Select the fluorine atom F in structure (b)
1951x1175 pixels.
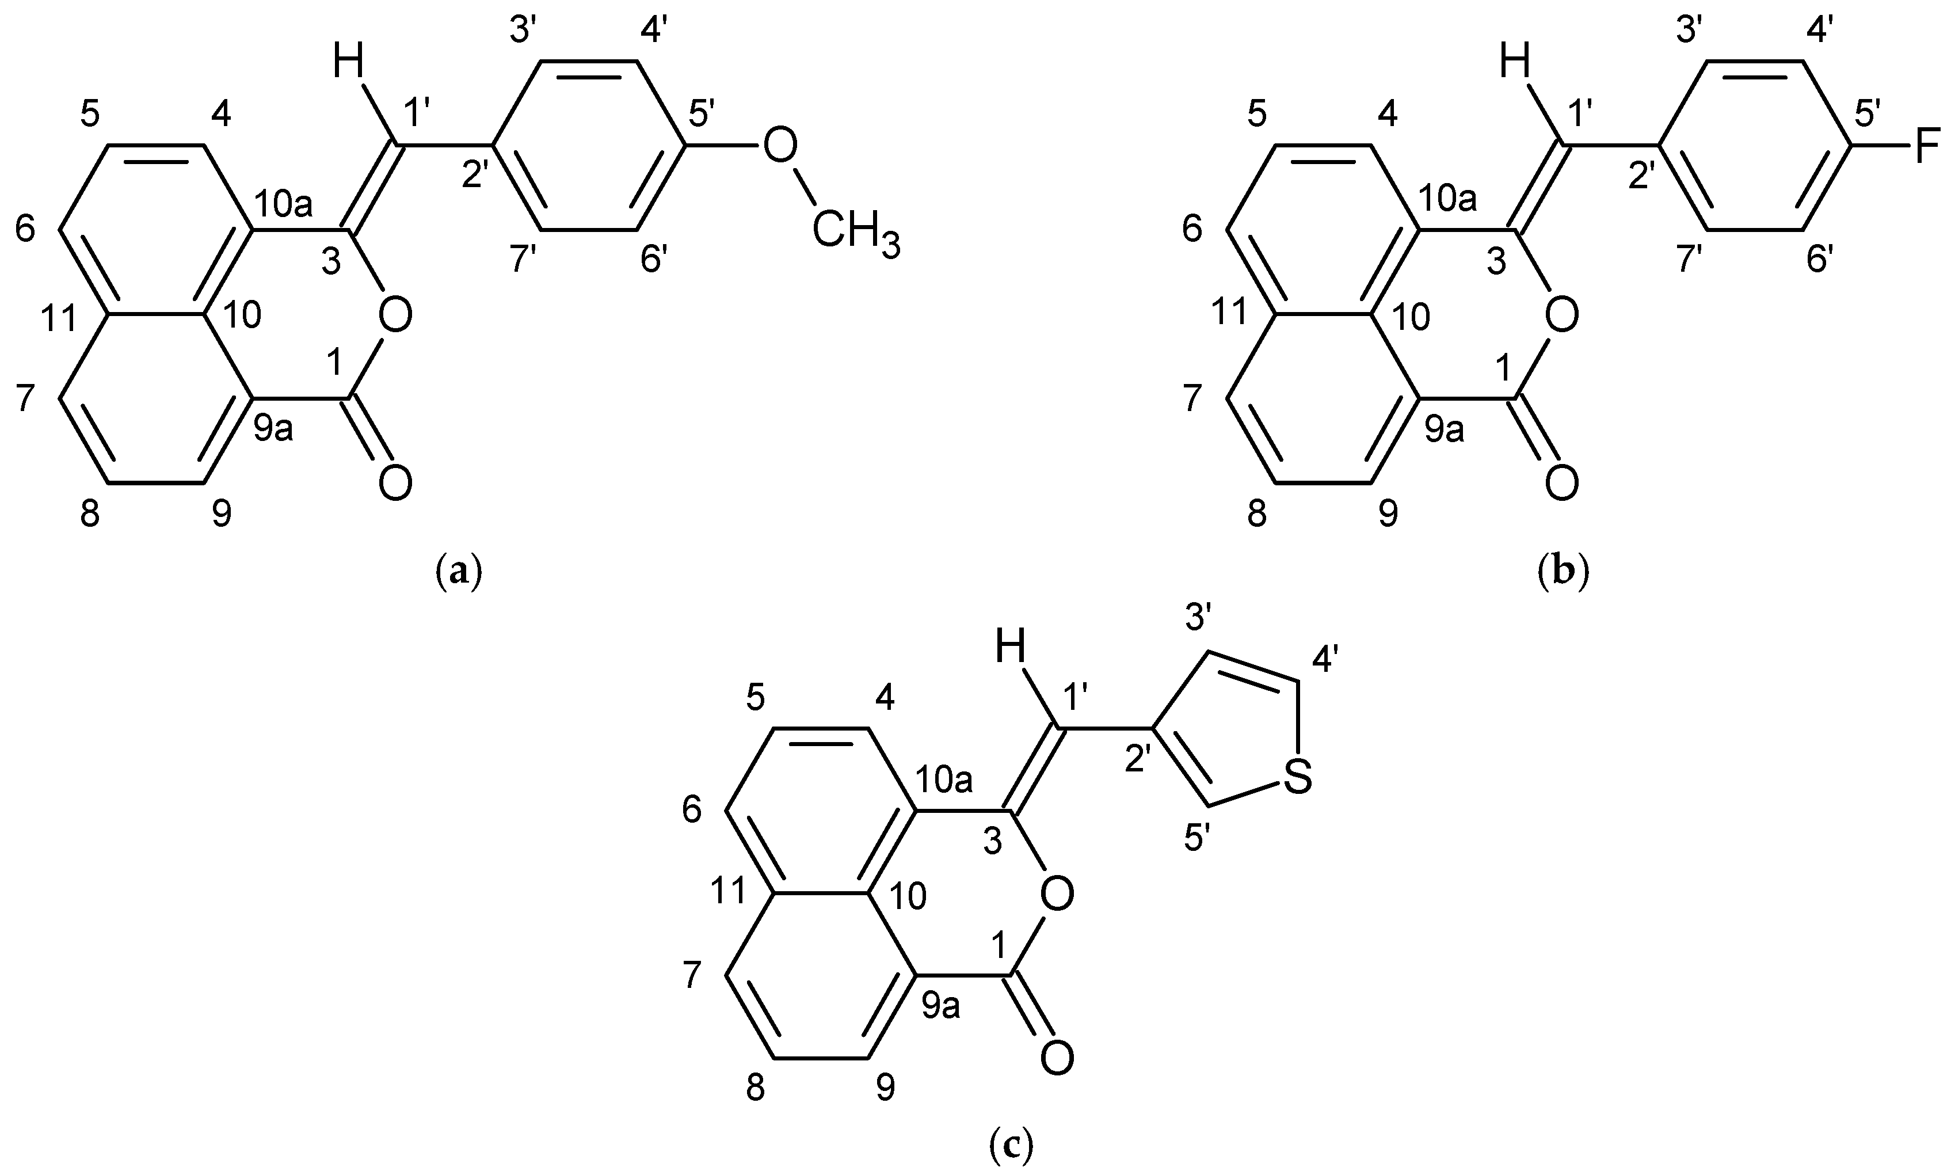pos(1927,145)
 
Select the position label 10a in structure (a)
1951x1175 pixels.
pos(283,205)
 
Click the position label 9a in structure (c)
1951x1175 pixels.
pos(941,1006)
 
